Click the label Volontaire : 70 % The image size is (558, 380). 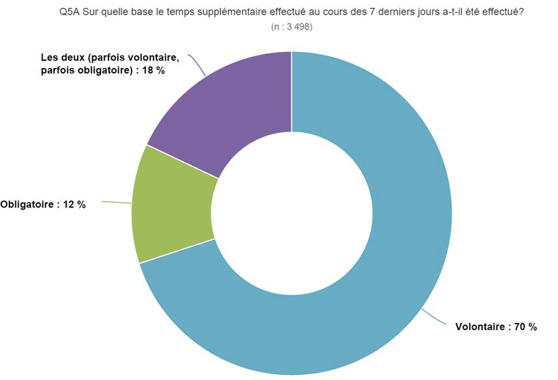pos(496,327)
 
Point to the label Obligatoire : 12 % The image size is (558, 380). pos(43,204)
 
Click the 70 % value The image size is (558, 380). pos(525,327)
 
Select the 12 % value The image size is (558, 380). pos(74,204)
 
